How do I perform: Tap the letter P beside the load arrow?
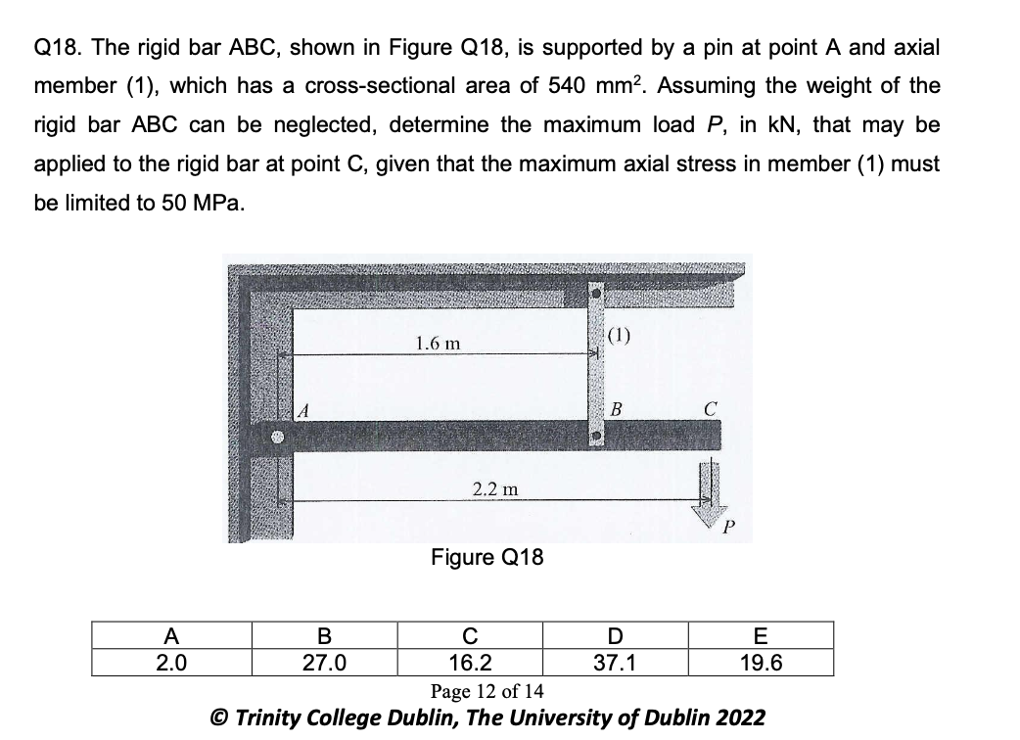click(x=726, y=530)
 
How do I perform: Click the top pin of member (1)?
click(x=594, y=292)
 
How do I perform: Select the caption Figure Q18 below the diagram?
click(x=487, y=558)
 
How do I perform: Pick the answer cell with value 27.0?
click(x=325, y=663)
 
